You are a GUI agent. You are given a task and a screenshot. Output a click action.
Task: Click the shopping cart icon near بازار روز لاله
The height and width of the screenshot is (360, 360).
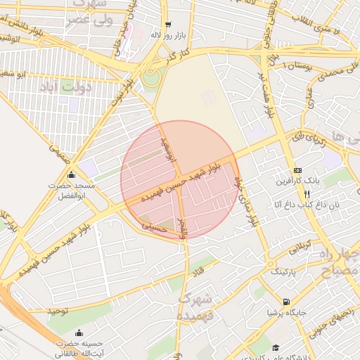pyautogui.click(x=167, y=25)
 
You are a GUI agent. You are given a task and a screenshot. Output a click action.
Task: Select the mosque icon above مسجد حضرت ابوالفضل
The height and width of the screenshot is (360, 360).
pyautogui.click(x=70, y=175)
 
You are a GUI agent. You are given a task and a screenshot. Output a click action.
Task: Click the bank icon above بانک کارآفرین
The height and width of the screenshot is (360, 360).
pyautogui.click(x=297, y=170)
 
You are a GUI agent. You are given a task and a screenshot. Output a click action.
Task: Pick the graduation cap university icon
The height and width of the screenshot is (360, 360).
pyautogui.click(x=276, y=348)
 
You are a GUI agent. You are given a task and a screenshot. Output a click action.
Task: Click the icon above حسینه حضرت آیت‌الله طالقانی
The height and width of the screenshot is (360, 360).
pyautogui.click(x=77, y=333)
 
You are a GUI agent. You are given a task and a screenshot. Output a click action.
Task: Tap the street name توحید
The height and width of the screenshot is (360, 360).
pyautogui.click(x=58, y=310)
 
